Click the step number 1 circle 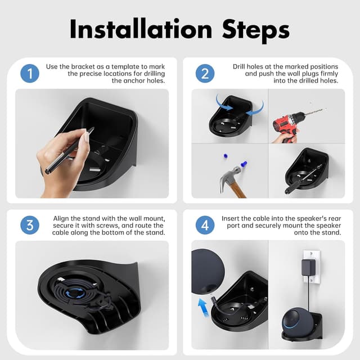30,74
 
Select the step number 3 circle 30,225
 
